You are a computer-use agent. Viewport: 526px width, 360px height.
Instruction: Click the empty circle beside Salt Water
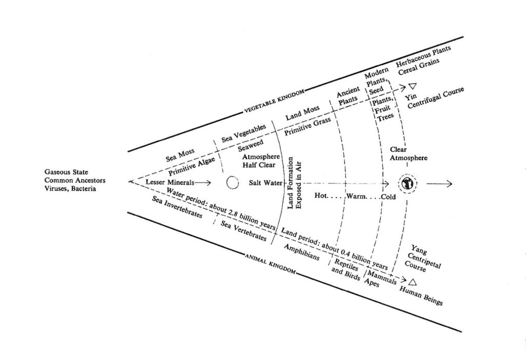[x=232, y=183]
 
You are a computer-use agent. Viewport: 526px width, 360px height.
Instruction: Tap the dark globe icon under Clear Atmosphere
[x=406, y=183]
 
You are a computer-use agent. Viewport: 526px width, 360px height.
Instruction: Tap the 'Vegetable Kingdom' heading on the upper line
[x=273, y=101]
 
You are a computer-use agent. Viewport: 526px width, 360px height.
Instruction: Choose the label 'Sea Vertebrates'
[x=243, y=231]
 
